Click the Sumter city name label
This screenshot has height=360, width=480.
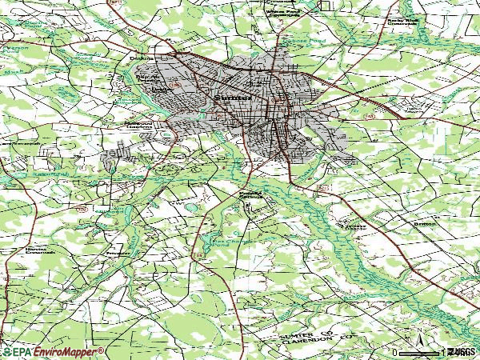tap(233, 98)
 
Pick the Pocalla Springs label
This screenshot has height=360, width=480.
tap(250, 196)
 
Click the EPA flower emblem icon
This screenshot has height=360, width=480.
tap(6, 352)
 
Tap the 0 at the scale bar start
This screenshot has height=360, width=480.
tap(394, 352)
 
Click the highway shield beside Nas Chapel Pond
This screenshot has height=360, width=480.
tap(196, 255)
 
